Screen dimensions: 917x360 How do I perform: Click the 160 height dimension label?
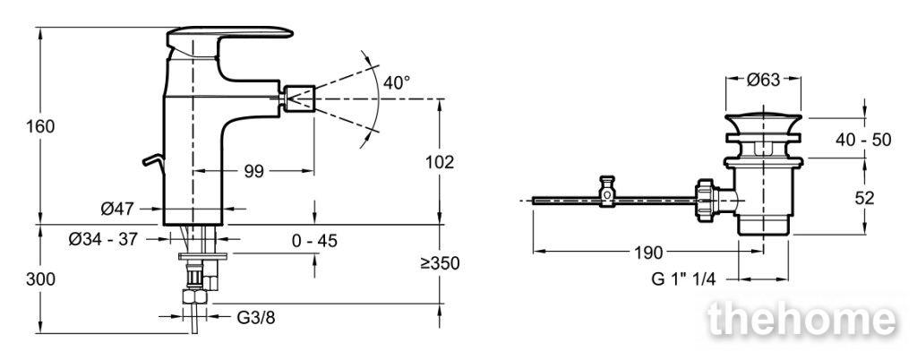(40, 126)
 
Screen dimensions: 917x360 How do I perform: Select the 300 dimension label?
(40, 280)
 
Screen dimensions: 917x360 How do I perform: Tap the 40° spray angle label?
(397, 82)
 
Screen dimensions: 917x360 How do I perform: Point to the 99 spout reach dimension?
(253, 171)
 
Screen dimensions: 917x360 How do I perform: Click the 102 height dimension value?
(439, 162)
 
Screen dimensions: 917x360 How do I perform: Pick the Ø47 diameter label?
(117, 208)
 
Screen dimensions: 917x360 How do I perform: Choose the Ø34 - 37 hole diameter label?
(102, 239)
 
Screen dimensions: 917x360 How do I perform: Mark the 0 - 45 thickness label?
(314, 241)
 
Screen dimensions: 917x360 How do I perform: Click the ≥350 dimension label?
(440, 263)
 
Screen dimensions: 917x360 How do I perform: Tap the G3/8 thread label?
(255, 318)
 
